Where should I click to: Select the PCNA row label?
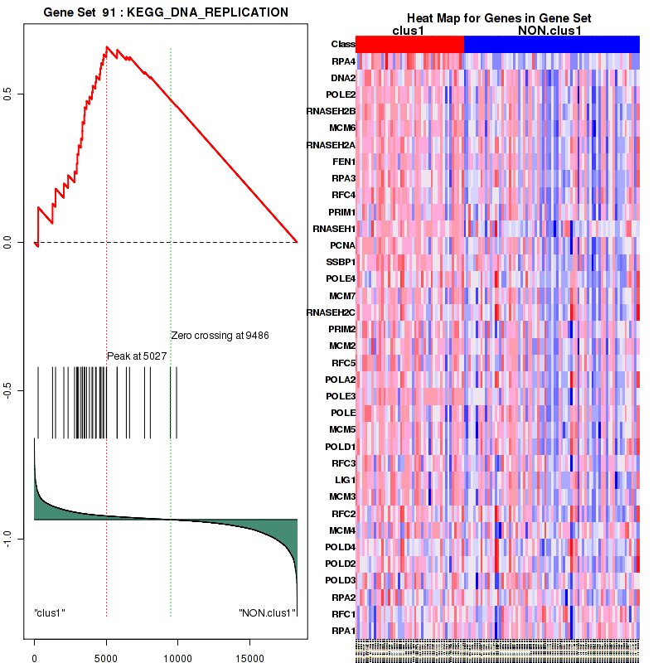click(x=343, y=246)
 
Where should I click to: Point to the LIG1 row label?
click(x=344, y=480)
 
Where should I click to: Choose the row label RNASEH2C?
click(x=331, y=313)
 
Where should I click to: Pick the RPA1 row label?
click(x=343, y=631)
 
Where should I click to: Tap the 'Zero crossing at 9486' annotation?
click(x=220, y=336)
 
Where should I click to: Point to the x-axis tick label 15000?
click(x=248, y=653)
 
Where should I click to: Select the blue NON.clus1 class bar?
click(x=551, y=43)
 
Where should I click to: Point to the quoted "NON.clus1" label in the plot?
click(x=266, y=613)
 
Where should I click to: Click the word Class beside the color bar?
click(x=342, y=44)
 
